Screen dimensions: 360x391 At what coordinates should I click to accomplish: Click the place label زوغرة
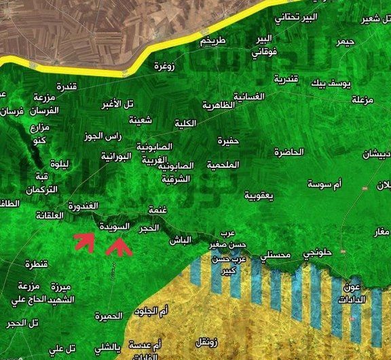click(x=164, y=66)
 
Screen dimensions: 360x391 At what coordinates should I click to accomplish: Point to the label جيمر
click(x=346, y=42)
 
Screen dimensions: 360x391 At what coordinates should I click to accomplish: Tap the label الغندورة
click(x=83, y=204)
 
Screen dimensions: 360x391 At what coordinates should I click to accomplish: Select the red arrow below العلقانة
click(x=85, y=241)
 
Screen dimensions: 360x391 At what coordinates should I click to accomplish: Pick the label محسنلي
click(x=276, y=255)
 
